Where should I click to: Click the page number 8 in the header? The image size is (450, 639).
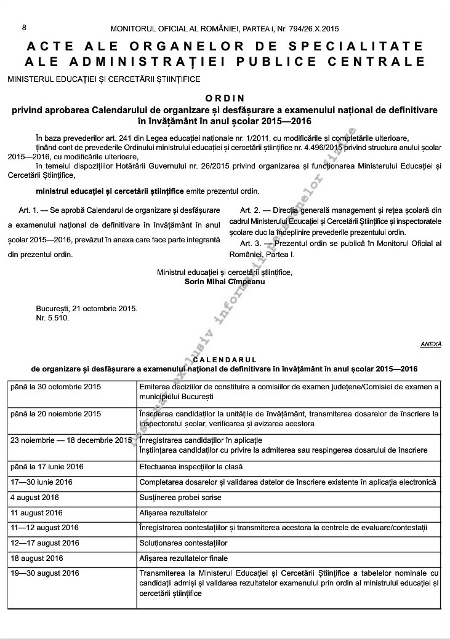click(24, 28)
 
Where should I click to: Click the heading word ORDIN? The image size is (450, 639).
click(225, 98)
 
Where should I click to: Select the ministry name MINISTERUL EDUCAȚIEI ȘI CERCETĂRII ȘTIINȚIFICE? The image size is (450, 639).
click(104, 79)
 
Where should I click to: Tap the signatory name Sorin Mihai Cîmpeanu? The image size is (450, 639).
click(225, 281)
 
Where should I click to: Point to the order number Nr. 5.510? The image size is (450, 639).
click(53, 318)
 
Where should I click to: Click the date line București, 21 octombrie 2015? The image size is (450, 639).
click(87, 309)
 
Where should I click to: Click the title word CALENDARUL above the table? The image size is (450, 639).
click(225, 359)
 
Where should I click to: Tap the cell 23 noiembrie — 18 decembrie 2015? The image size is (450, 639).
click(71, 440)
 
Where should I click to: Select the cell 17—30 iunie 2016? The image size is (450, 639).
click(42, 482)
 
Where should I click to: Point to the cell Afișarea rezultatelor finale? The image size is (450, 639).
click(183, 558)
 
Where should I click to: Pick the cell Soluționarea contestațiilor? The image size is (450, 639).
click(183, 543)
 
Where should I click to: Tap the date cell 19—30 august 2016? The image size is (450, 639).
click(45, 574)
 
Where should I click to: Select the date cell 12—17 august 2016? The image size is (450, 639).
click(45, 543)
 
